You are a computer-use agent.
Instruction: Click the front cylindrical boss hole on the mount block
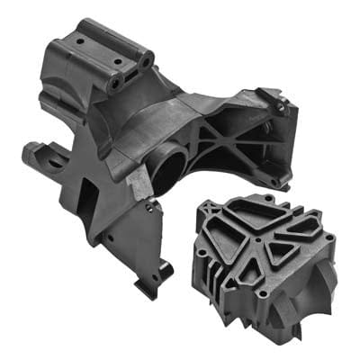(116, 84)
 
